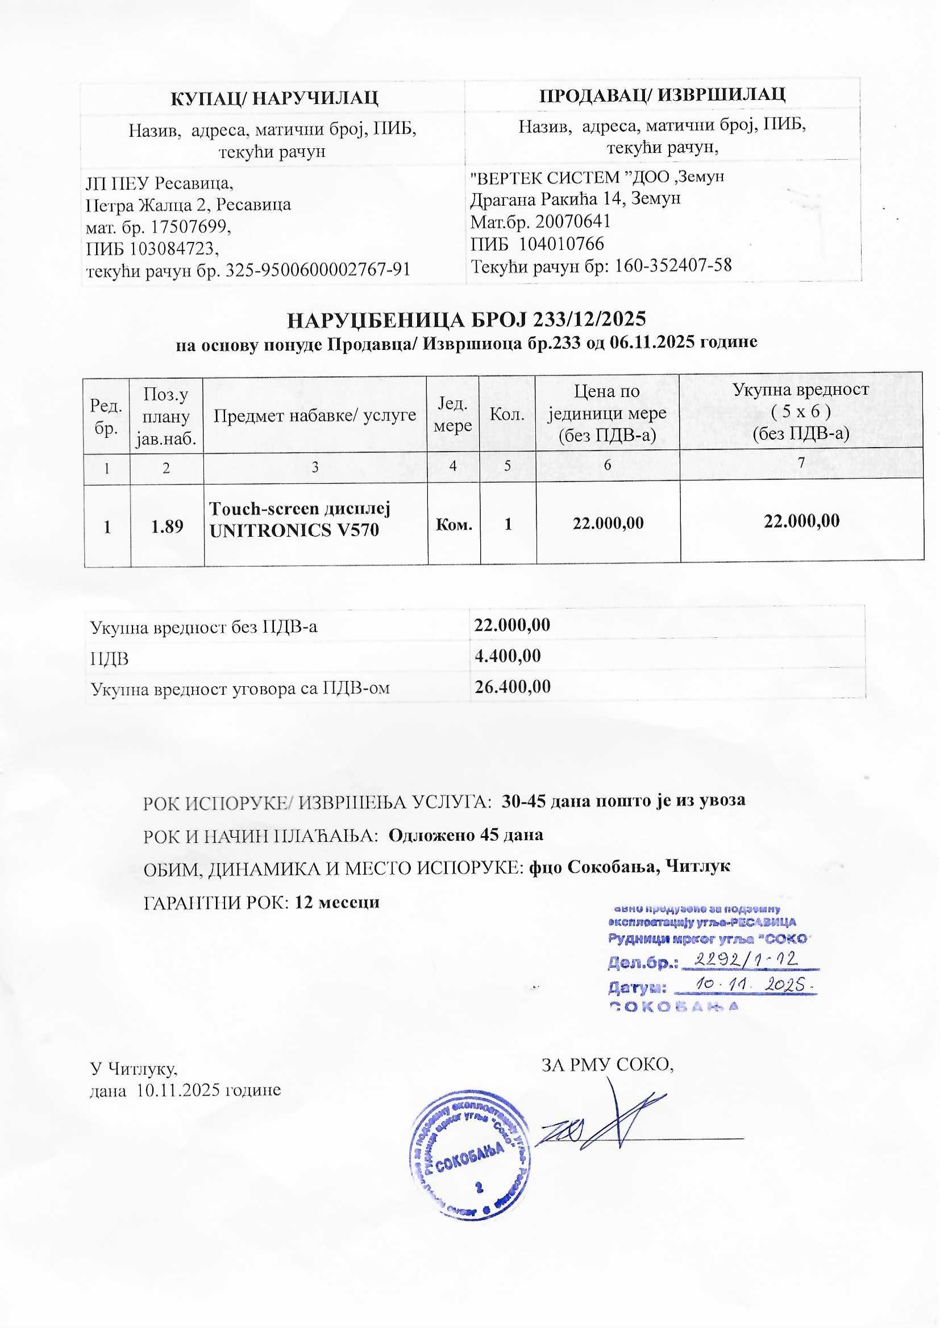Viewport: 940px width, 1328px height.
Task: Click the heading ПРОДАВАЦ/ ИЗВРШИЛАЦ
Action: [662, 94]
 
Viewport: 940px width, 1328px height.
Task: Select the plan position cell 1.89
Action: [167, 526]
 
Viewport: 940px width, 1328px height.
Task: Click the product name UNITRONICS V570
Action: [294, 531]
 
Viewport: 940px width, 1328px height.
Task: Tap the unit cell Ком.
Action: [454, 525]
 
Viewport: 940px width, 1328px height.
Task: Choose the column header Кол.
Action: [507, 415]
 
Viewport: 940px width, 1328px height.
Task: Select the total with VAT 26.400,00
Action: [512, 687]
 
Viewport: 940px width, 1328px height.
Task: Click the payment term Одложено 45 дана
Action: [465, 834]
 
